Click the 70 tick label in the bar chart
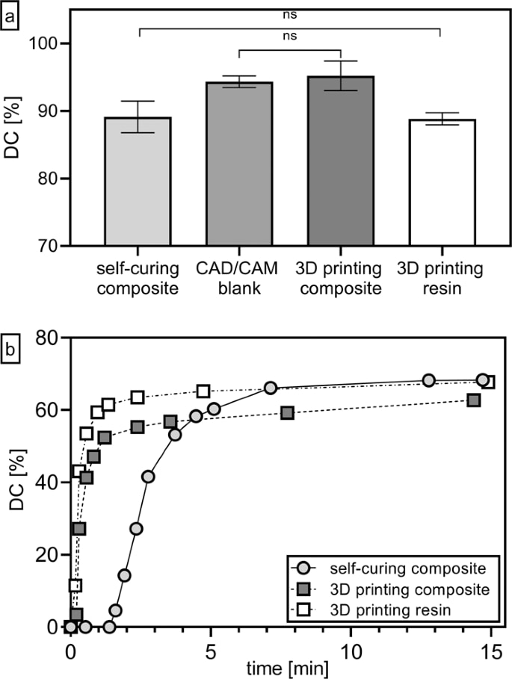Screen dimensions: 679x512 coord(48,246)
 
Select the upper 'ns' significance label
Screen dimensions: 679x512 coord(290,13)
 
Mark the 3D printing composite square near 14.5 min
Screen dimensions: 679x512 coord(473,400)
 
